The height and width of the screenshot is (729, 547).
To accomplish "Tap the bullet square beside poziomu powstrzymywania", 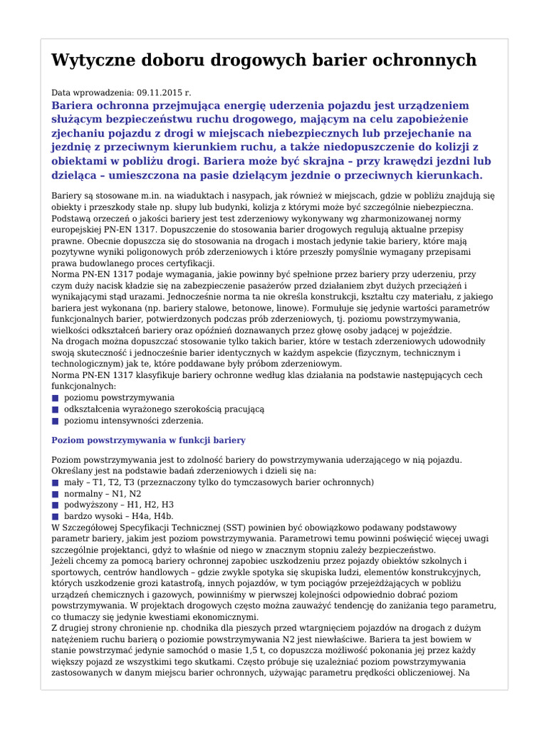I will click(x=55, y=398).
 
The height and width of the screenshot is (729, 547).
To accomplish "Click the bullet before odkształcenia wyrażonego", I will click(x=55, y=409).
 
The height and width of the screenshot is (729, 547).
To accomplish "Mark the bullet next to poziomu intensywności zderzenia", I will click(x=55, y=421).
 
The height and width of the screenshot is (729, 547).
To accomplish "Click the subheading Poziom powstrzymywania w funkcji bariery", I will click(x=148, y=441).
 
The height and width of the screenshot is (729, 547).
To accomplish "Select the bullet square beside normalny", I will click(x=55, y=493).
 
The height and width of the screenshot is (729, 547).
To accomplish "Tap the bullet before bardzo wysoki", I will click(x=55, y=515).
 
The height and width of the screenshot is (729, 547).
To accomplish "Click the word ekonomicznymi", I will click(x=225, y=617).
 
